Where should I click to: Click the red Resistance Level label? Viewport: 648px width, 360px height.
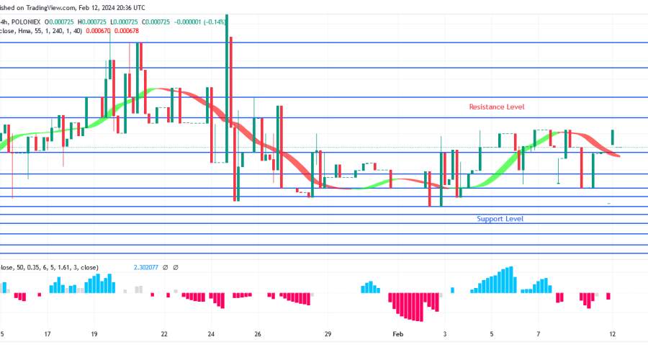point(497,107)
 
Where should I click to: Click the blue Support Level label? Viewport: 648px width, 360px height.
point(500,219)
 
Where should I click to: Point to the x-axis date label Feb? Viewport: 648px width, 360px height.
point(397,335)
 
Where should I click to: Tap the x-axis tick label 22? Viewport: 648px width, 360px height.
point(164,335)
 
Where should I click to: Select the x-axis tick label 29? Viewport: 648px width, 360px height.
point(327,335)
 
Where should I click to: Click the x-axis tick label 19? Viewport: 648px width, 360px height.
point(94,335)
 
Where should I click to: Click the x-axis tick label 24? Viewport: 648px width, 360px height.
point(211,335)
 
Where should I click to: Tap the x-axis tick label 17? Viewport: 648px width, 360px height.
point(48,335)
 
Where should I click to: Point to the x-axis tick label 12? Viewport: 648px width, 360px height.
point(612,335)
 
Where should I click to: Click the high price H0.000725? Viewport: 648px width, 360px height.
point(102,22)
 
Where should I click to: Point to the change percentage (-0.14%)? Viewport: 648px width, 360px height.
point(215,22)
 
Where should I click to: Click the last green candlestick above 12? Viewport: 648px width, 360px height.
point(613,137)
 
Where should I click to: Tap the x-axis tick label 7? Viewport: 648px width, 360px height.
point(539,335)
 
